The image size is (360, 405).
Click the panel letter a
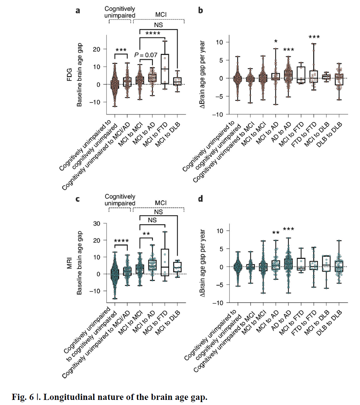(x=78, y=11)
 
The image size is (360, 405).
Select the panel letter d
(x=200, y=199)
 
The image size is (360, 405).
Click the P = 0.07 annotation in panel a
(x=146, y=55)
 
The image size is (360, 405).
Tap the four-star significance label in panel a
(x=153, y=34)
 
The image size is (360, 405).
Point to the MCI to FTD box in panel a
(x=165, y=69)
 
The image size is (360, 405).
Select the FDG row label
(x=69, y=75)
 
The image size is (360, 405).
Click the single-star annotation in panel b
(x=276, y=41)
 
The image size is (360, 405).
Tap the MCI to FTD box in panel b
(x=301, y=75)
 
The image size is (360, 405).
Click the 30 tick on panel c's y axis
(x=97, y=224)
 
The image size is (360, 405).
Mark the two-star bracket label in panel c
(x=146, y=234)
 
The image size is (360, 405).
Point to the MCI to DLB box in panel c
(x=177, y=267)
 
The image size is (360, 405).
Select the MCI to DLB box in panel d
(x=326, y=263)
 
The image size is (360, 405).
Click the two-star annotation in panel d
(x=276, y=233)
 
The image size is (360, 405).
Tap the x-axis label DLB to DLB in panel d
(x=329, y=323)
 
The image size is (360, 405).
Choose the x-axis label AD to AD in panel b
(x=281, y=132)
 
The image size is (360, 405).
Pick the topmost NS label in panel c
(x=159, y=212)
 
